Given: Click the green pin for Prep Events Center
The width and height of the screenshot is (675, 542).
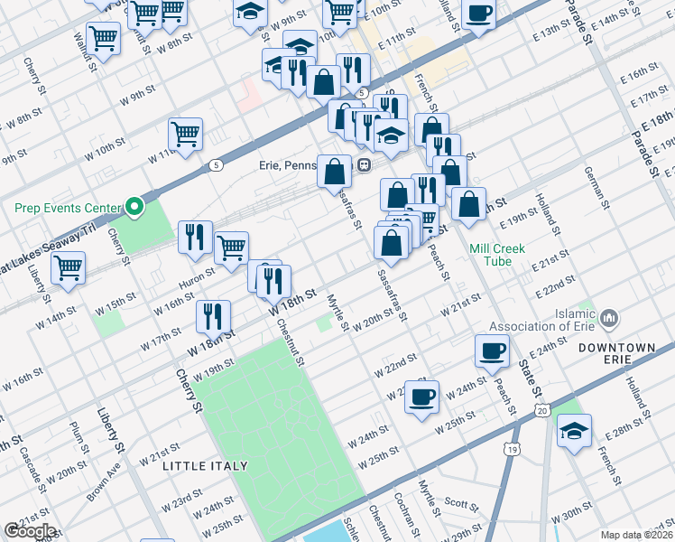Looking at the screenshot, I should click(135, 208).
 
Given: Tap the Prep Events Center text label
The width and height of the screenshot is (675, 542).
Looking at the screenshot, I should click(68, 208).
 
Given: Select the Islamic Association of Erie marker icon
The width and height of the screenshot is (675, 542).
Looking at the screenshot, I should click(609, 317).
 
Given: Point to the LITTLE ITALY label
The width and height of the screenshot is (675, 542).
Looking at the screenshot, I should click(205, 466).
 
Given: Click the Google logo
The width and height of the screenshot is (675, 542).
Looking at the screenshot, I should click(30, 531).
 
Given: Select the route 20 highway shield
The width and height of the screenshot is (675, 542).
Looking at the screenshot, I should click(541, 411).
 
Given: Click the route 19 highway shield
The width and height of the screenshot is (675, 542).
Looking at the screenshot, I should click(513, 449).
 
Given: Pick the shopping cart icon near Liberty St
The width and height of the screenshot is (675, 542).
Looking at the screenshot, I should click(68, 267).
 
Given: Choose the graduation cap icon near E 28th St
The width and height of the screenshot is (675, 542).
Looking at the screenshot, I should click(572, 431).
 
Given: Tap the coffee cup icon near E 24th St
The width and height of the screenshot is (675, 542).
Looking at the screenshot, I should click(492, 350).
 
